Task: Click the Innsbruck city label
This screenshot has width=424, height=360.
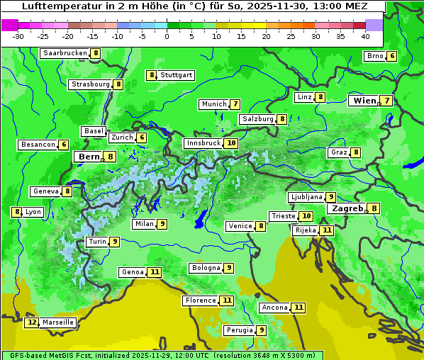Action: tap(203, 143)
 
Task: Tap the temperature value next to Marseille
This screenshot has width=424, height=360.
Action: tap(32, 322)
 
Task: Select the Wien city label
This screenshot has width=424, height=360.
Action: tap(365, 101)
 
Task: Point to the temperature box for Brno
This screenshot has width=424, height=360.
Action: tap(391, 57)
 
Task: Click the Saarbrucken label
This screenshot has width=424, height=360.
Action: tap(65, 53)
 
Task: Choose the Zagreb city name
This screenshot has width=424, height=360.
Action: tap(347, 209)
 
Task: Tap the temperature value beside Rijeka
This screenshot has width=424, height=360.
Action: tap(326, 230)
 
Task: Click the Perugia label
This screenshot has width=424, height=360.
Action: tap(238, 330)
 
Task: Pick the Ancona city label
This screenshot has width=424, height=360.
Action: tap(274, 308)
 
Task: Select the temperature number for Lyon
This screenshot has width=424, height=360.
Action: tap(16, 212)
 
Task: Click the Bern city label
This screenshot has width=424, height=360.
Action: tap(89, 157)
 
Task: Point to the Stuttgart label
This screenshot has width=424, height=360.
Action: tap(176, 75)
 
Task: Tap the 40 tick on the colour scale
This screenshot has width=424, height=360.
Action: tap(365, 35)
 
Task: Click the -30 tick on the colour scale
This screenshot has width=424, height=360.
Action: tap(18, 35)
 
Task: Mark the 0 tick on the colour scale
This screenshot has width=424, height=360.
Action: tap(167, 35)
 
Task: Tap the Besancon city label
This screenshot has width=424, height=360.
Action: tap(38, 145)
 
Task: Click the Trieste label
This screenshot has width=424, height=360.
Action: tap(283, 216)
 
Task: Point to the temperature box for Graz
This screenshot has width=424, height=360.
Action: tap(355, 152)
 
